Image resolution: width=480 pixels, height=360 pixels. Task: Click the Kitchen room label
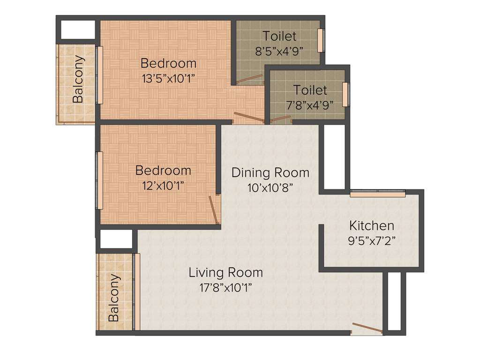[x=372, y=225]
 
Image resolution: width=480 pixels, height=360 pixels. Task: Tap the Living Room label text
[x=225, y=272]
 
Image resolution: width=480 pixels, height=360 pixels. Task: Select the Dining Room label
[x=270, y=172]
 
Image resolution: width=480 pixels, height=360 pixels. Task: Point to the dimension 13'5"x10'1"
[x=168, y=78]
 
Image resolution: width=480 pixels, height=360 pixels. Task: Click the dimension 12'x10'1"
[x=163, y=186]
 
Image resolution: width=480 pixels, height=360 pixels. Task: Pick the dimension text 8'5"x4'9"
[x=279, y=51]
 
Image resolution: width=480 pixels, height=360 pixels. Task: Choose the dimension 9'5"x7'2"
[x=372, y=241]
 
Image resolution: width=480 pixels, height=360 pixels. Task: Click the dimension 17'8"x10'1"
[x=225, y=287]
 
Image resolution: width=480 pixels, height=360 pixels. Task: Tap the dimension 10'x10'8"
[x=270, y=188]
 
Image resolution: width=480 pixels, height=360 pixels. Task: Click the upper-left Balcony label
[x=78, y=79]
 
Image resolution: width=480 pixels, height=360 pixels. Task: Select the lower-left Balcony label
[x=114, y=297]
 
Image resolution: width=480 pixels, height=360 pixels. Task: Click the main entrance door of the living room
[x=367, y=328]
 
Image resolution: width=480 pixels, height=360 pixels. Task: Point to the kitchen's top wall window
[x=377, y=193]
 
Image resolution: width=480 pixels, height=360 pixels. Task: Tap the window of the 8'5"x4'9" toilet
[x=321, y=41]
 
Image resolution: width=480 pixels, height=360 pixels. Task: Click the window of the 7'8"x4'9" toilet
[x=346, y=94]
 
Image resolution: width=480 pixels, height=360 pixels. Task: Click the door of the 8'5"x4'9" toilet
[x=249, y=79]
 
